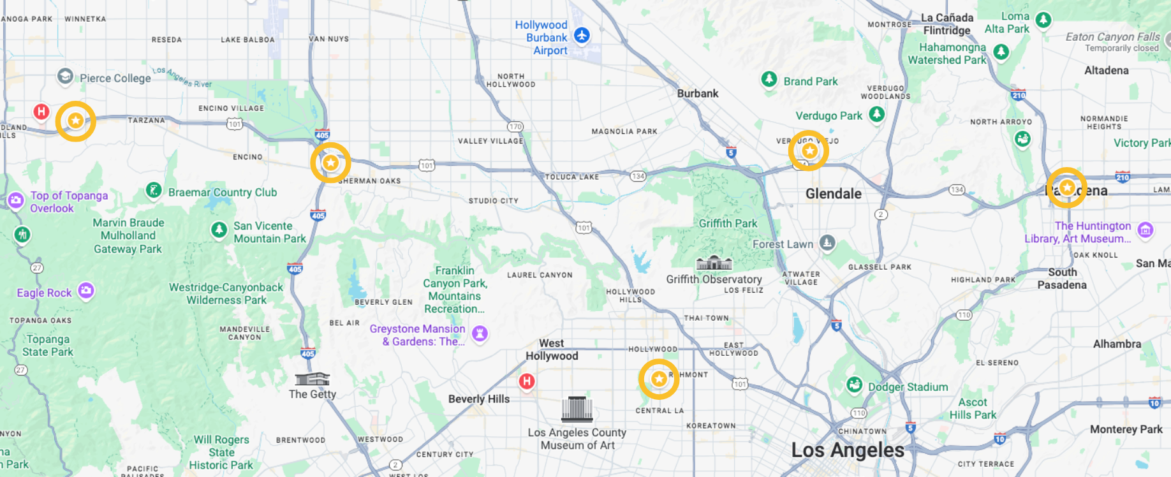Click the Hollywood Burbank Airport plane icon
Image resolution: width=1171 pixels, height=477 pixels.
coord(582,35)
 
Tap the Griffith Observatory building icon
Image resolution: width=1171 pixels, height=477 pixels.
coord(714,263)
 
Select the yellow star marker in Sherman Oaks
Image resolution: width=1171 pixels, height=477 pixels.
coord(330,163)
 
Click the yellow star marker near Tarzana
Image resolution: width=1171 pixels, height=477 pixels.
coord(76,121)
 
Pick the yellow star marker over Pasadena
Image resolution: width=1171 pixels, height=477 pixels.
coord(1066,187)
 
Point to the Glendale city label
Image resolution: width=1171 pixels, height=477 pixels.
coord(833,194)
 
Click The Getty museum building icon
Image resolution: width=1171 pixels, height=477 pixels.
coord(312,379)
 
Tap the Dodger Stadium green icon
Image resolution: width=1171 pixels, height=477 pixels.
coord(854,385)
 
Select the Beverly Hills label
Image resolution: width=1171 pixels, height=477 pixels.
coord(478,399)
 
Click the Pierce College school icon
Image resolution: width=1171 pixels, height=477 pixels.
coord(65,77)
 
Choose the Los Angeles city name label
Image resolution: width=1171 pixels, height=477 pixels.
coord(847,450)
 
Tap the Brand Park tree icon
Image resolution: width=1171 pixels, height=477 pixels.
coord(769,80)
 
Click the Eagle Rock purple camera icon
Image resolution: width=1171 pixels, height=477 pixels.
coord(86,291)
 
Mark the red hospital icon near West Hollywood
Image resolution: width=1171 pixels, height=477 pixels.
coord(526,381)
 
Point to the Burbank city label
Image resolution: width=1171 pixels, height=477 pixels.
coord(697,94)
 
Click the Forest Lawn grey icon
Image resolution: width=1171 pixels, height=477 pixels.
coord(827,242)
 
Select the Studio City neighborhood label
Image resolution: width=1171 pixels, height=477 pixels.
coord(493,201)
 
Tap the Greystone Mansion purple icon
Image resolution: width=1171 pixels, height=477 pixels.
coord(480,333)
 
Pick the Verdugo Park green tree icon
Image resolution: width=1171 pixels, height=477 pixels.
coord(877,114)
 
